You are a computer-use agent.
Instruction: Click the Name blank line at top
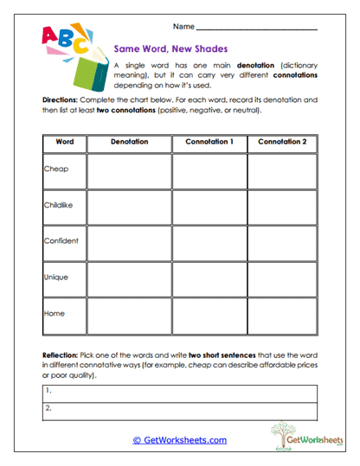(x=257, y=29)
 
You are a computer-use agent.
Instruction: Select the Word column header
(x=64, y=141)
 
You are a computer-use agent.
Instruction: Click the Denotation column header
(x=129, y=141)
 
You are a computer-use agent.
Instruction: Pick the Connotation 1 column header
(x=209, y=141)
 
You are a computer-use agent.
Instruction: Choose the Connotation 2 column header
(x=281, y=141)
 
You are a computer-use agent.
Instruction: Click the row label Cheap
(x=56, y=169)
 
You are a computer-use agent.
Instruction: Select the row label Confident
(x=61, y=241)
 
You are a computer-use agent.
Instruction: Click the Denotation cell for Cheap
(x=129, y=170)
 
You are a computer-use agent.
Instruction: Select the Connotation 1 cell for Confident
(x=209, y=242)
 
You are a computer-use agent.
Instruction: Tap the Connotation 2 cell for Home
(x=281, y=315)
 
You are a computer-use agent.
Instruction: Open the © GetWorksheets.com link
(x=179, y=439)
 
